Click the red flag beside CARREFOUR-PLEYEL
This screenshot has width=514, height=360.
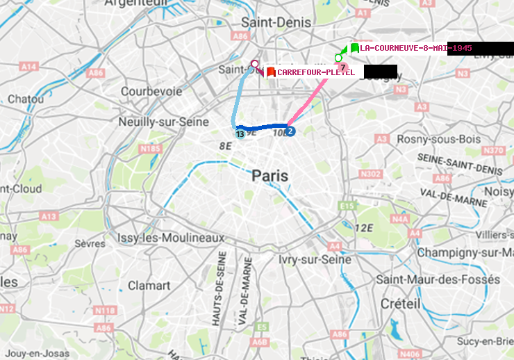click(x=271, y=72)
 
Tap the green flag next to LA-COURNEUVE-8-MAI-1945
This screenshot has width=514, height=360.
click(x=354, y=48)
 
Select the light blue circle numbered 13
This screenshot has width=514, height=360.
click(x=240, y=133)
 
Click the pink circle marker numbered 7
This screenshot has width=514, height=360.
click(x=342, y=66)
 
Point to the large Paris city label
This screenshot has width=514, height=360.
click(x=270, y=176)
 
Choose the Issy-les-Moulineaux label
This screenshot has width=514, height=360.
click(x=171, y=238)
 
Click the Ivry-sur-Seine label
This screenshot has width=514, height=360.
click(x=315, y=259)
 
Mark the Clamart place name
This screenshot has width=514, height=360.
click(x=149, y=286)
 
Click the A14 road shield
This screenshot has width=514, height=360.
click(x=28, y=67)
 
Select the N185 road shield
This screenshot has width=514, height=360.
click(x=150, y=149)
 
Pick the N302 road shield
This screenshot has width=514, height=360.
click(x=372, y=174)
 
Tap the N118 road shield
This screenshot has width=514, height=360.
click(x=105, y=310)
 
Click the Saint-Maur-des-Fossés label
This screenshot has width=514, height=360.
click(x=438, y=279)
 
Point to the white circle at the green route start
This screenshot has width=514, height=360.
click(x=338, y=58)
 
